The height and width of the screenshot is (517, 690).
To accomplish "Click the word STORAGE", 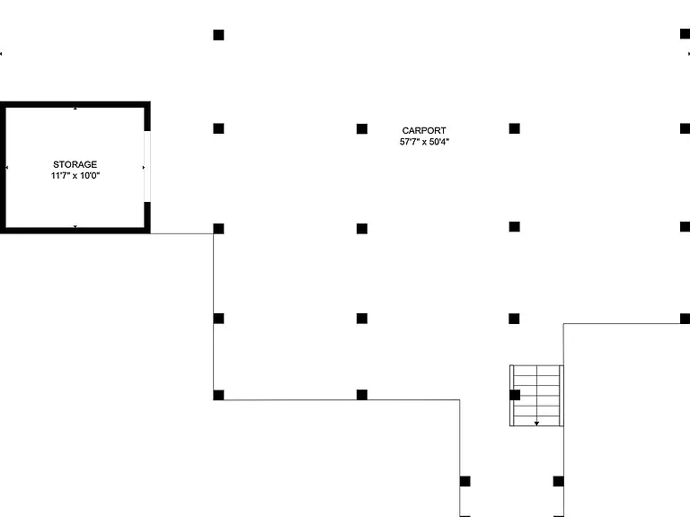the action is (x=75, y=164).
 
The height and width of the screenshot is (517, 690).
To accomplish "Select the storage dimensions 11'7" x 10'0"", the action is (x=75, y=176).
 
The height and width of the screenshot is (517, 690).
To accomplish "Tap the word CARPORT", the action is (x=424, y=130).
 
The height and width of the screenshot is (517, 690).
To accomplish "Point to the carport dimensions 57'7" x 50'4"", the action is (x=424, y=142).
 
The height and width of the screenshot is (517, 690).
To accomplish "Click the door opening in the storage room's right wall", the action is (x=147, y=166).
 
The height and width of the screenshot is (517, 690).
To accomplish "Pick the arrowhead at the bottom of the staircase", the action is (x=536, y=424).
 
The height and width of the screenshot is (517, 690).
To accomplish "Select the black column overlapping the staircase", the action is (x=515, y=395).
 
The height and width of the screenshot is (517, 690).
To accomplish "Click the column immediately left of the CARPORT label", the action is (x=362, y=129).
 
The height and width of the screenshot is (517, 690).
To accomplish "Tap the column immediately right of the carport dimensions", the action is (x=515, y=128).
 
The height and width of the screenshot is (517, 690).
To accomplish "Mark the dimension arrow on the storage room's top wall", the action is (x=75, y=108).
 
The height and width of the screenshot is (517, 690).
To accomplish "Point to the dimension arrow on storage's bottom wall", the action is (x=75, y=227).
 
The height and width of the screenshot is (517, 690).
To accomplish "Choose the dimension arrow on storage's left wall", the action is (x=6, y=168).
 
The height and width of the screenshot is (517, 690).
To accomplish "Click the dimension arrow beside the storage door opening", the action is (x=144, y=168).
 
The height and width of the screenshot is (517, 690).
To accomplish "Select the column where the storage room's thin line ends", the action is (x=218, y=229).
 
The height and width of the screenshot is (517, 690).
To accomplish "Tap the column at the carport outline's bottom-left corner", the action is (x=218, y=395).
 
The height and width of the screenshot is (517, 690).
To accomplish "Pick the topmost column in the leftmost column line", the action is (x=218, y=35).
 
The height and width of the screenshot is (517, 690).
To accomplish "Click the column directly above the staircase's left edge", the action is (x=514, y=319).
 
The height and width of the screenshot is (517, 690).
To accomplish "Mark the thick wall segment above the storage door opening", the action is (x=147, y=118).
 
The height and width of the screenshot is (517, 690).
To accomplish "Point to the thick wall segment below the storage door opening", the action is (x=147, y=215).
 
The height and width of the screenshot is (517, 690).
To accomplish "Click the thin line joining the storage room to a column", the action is (x=181, y=233).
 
